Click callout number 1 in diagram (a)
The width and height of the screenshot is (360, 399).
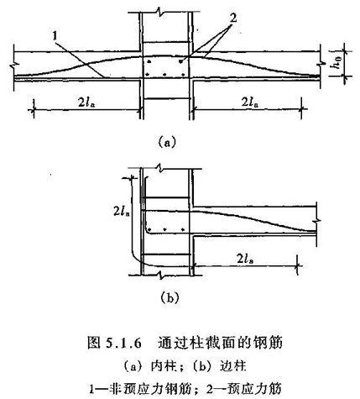tap(55, 35)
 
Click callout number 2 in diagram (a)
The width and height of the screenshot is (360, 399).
tap(232, 18)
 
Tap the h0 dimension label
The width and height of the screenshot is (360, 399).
tap(337, 64)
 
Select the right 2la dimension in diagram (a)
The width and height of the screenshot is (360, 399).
tap(249, 102)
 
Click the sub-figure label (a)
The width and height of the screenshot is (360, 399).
tap(167, 142)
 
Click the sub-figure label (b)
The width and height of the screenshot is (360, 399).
tap(170, 297)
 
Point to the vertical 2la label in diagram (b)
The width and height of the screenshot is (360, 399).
tap(122, 211)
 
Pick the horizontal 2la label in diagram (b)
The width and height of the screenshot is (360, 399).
tap(246, 259)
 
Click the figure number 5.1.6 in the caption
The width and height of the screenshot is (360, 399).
tap(123, 343)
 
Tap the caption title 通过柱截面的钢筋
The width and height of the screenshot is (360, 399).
tap(220, 343)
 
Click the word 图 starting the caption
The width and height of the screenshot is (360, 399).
tap(94, 343)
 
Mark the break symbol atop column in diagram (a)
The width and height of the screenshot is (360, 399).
tap(160, 12)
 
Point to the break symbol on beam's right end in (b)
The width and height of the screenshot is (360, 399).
tap(317, 221)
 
